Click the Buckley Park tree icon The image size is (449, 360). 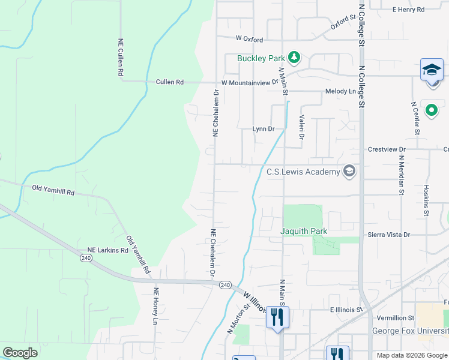pos(294,58)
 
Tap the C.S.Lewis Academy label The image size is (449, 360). pos(303,172)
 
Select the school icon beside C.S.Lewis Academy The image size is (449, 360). pos(349,172)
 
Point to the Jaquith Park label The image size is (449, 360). pos(303,230)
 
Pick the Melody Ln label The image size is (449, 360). pos(340,91)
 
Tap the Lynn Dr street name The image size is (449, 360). pos(263,129)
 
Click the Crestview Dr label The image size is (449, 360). pos(387,149)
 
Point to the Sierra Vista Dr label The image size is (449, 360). pos(390,235)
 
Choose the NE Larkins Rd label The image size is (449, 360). pos(108,250)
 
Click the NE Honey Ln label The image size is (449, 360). pos(155,307)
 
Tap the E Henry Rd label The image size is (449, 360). pos(408,10)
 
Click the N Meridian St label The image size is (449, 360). pos(400,175)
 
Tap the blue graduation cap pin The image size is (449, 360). pos(432,70)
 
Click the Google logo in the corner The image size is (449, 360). pos(20,352)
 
